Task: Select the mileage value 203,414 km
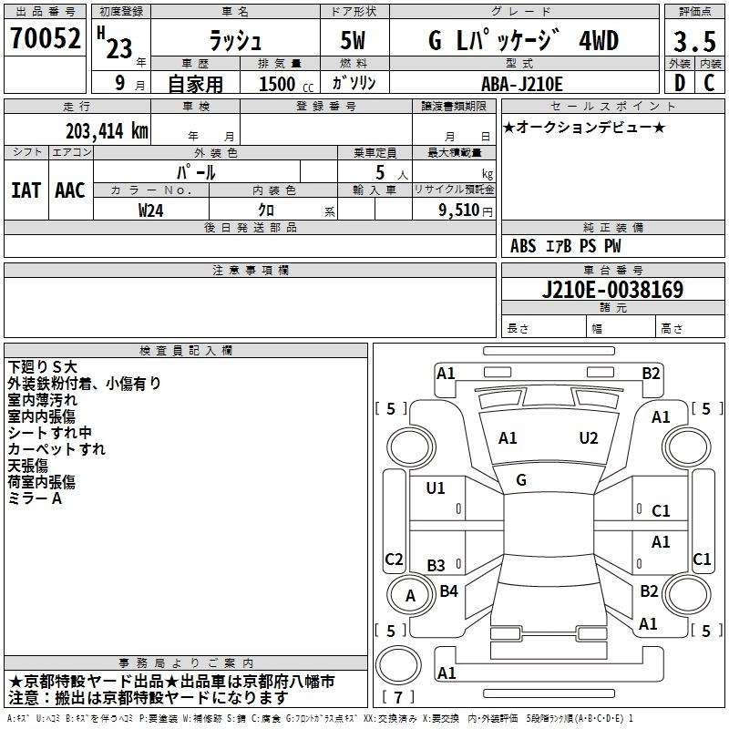tap(108, 131)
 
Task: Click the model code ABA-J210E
tap(522, 84)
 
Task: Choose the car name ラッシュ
tap(234, 41)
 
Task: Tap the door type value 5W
tap(354, 41)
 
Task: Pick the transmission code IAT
tap(26, 190)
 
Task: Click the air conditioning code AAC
tap(69, 190)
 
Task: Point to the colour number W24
tap(151, 210)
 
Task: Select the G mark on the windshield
tap(521, 480)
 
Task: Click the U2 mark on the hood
tap(589, 438)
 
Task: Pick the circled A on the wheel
tap(410, 596)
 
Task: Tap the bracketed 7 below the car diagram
tap(398, 698)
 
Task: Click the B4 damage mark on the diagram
tap(448, 591)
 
